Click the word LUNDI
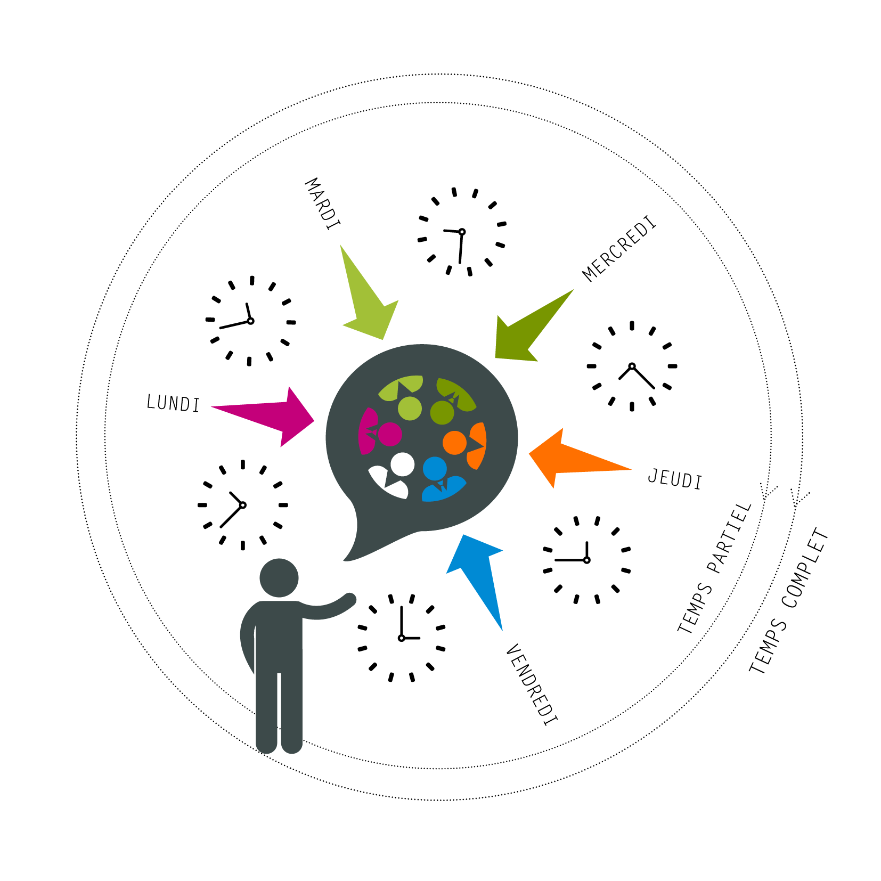pyautogui.click(x=173, y=403)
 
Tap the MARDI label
pyautogui.click(x=322, y=204)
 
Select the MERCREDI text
pyautogui.click(x=619, y=248)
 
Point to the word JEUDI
pyautogui.click(x=675, y=478)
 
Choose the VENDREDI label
pyautogui.click(x=532, y=684)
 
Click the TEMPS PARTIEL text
pyautogui.click(x=714, y=568)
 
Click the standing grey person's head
pyautogui.click(x=279, y=578)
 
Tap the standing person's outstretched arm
pyautogui.click(x=328, y=608)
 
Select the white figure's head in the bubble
pyautogui.click(x=402, y=464)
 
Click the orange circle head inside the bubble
pyautogui.click(x=454, y=443)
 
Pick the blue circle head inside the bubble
pyautogui.click(x=435, y=469)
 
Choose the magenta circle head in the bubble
pyautogui.click(x=390, y=434)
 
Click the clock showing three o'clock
pyautogui.click(x=402, y=638)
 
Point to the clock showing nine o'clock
pyautogui.click(x=586, y=560)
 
